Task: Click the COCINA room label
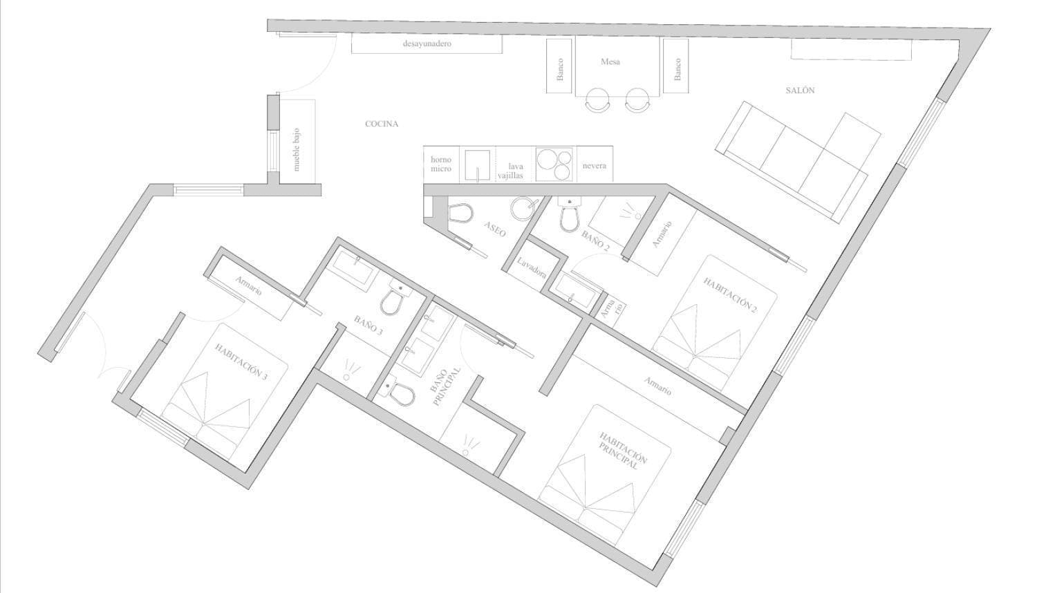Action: [382, 124]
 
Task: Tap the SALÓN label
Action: [800, 91]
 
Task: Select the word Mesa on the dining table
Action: [610, 62]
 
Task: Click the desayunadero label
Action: [427, 44]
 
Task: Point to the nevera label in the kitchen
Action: [595, 165]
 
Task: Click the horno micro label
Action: [441, 164]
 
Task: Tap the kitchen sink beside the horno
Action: [477, 164]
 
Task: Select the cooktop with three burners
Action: [554, 164]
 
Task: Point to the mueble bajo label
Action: [297, 149]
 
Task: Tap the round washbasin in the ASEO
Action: [523, 208]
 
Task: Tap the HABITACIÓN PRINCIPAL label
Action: [623, 451]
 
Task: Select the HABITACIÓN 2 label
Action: [730, 295]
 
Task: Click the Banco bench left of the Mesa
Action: [559, 66]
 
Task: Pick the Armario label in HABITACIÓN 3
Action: [249, 285]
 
